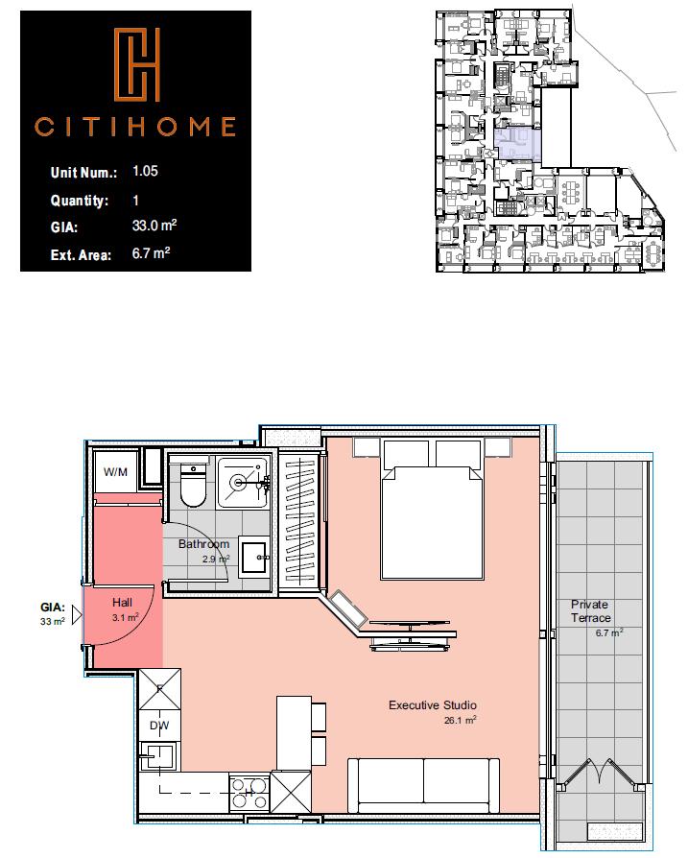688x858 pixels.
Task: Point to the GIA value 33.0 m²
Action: pos(154,227)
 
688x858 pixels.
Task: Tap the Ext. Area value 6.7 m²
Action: pos(152,254)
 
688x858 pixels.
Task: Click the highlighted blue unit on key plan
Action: pos(517,143)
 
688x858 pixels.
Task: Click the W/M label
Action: pos(116,472)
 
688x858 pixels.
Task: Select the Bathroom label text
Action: pos(203,544)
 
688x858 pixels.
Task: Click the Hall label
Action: pos(122,603)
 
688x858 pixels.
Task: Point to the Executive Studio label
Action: pos(433,705)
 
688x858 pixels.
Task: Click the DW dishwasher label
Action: pos(158,726)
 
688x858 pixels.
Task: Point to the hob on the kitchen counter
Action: pos(249,792)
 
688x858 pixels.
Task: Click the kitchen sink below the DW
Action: pos(156,757)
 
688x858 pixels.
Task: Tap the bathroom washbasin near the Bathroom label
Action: pos(254,556)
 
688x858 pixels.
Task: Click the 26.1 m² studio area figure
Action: pos(460,720)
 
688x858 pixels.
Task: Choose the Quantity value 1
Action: pos(135,201)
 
